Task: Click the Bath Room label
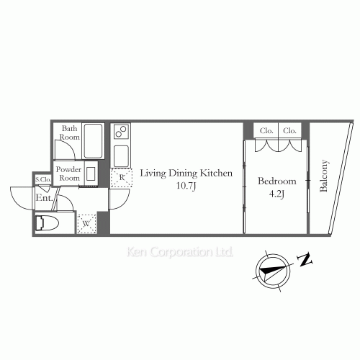click(70, 132)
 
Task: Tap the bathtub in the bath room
click(93, 141)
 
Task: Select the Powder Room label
click(68, 174)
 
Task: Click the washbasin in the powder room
click(91, 174)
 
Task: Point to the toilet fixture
click(47, 223)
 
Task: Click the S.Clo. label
click(43, 179)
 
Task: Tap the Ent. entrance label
click(44, 198)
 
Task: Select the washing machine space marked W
click(86, 224)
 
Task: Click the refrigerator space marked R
click(122, 178)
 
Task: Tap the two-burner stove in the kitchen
click(120, 132)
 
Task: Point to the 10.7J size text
click(186, 186)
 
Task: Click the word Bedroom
click(277, 181)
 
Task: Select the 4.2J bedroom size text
click(276, 194)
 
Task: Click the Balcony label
click(323, 176)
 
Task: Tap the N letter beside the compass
click(305, 259)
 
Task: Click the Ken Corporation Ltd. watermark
click(180, 252)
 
